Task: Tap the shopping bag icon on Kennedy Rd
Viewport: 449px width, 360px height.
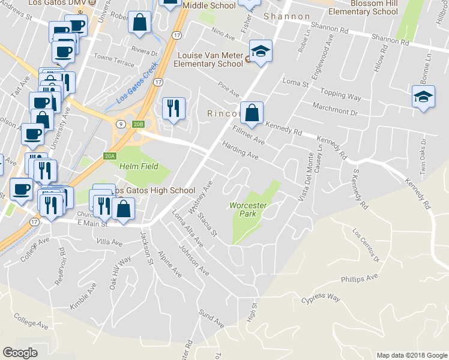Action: click(253, 113)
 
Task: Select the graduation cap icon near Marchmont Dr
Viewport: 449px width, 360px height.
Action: click(423, 97)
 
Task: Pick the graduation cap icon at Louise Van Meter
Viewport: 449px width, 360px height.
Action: click(261, 52)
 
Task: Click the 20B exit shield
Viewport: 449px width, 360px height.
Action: click(139, 124)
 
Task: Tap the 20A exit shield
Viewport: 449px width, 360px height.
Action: click(109, 155)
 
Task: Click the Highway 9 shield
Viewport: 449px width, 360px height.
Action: click(121, 124)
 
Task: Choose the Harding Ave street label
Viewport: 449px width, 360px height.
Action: click(240, 150)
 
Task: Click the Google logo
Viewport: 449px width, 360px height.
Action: click(20, 353)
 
